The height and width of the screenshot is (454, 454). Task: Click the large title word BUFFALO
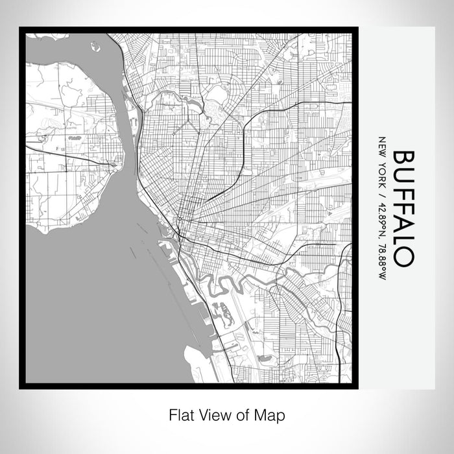(402, 208)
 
